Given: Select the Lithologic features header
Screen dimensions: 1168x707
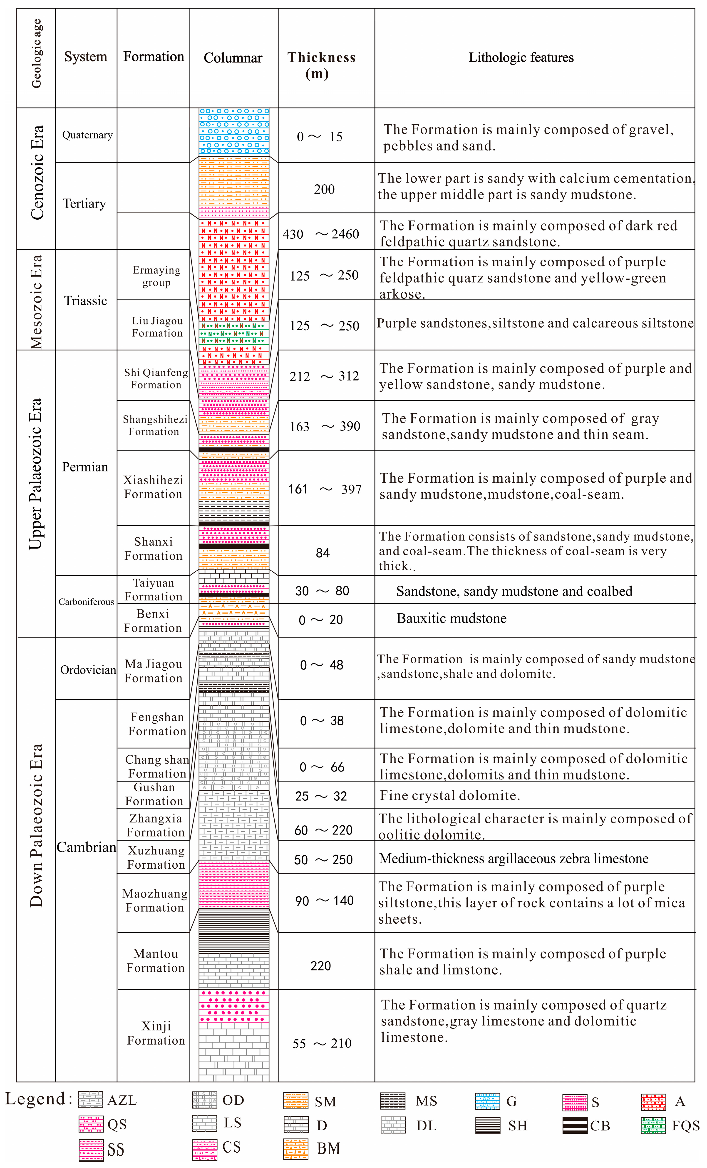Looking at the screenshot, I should [x=521, y=58].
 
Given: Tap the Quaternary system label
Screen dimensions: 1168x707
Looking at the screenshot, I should [x=87, y=135].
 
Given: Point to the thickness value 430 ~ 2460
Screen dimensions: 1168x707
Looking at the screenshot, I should [x=321, y=234].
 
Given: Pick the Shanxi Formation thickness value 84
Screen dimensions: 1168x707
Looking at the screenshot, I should [x=322, y=553].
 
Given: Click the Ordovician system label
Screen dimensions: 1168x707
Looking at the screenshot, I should [x=88, y=669].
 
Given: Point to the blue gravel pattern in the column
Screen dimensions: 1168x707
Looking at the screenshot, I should [x=234, y=131].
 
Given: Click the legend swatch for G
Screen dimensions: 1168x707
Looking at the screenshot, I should [x=487, y=1101].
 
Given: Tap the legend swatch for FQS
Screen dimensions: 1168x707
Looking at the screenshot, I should [x=653, y=1125].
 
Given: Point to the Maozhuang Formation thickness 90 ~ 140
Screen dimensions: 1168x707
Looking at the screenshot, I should [x=324, y=901].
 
